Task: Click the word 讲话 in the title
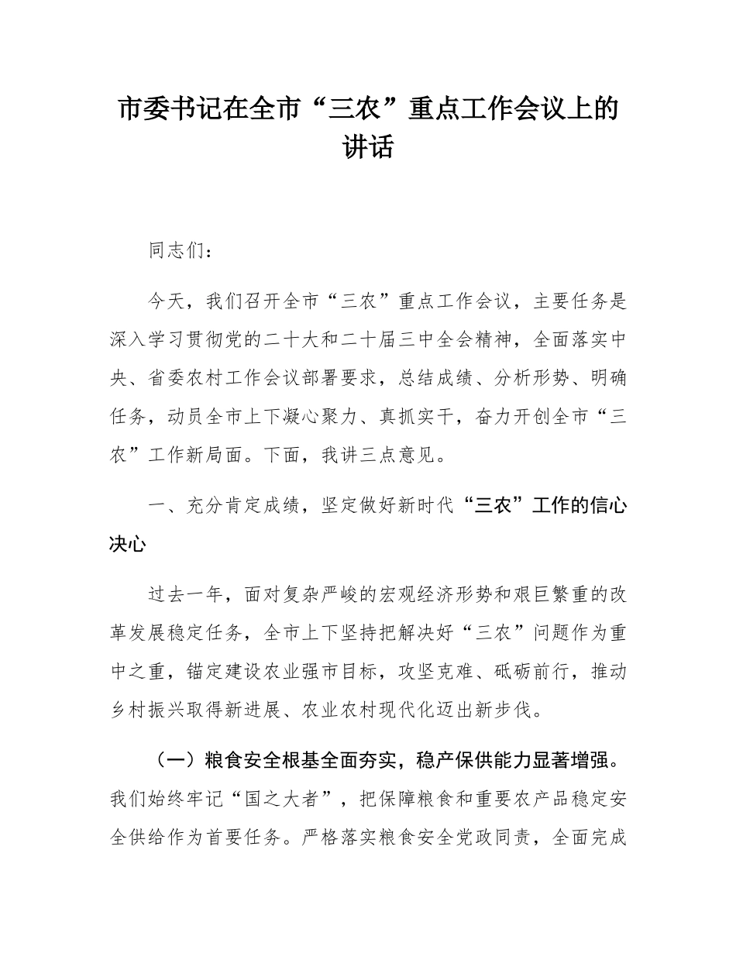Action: click(368, 146)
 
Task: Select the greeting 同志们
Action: click(177, 252)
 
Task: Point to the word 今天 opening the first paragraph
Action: click(167, 301)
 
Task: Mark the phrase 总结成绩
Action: click(435, 377)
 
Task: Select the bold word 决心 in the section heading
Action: click(129, 543)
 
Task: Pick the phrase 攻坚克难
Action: click(435, 670)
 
